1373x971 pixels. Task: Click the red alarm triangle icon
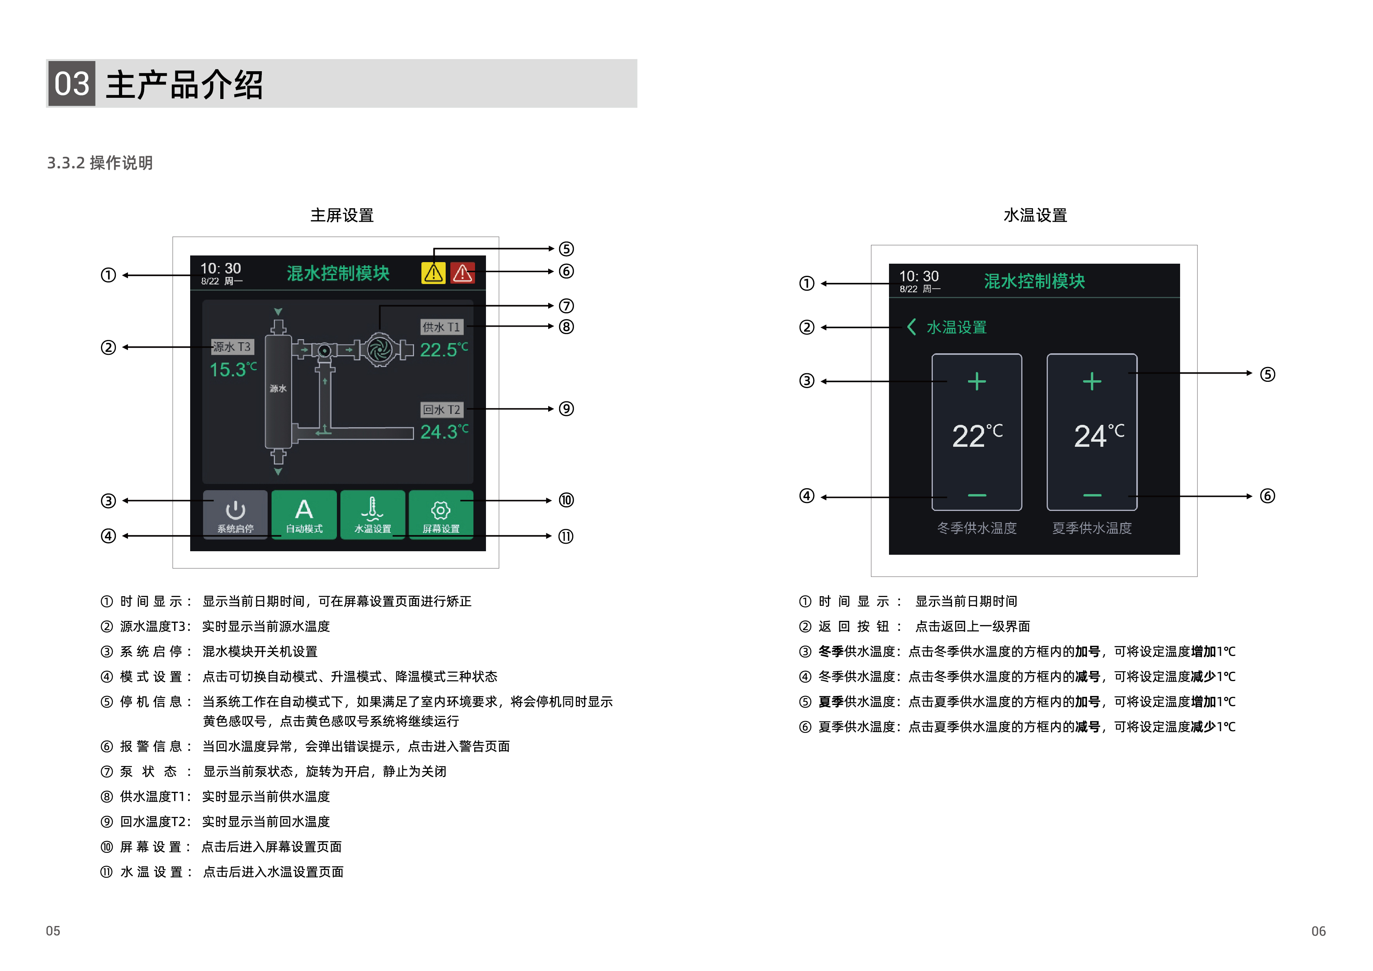point(462,273)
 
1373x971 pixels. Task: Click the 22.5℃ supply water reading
point(444,350)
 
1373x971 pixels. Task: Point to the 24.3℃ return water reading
point(444,432)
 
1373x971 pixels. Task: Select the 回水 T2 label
point(441,410)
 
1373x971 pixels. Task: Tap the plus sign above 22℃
point(977,381)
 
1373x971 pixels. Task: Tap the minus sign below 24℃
point(1092,495)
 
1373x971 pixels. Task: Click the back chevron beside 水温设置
point(911,327)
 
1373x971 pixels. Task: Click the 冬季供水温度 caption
point(977,528)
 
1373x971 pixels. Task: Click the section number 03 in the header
point(71,84)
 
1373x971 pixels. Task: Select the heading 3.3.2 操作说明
point(100,163)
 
